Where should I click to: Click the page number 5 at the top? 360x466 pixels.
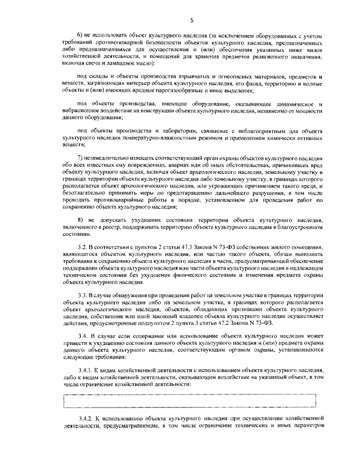point(191,21)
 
